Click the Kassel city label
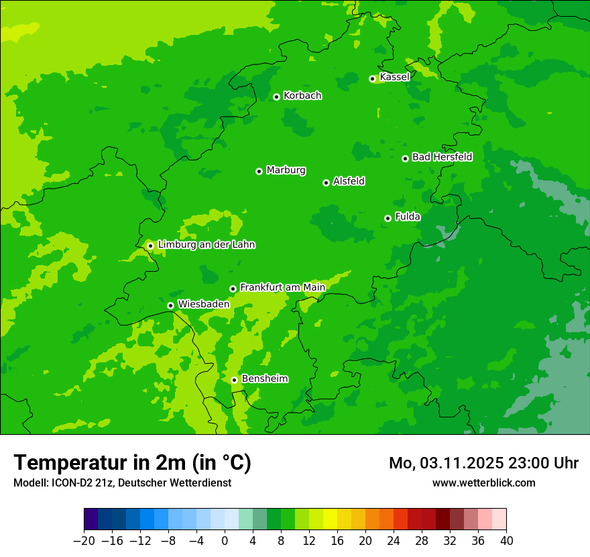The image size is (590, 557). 394,77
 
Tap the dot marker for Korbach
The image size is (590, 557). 276,97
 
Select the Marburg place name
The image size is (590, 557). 286,170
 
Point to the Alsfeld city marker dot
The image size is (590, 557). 326,183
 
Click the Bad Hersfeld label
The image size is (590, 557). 442,157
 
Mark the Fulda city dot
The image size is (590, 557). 388,218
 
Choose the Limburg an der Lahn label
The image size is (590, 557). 206,245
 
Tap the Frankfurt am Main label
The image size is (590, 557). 282,287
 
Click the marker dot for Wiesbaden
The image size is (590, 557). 170,305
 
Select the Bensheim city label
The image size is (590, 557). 264,378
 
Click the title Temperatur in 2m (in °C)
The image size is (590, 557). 132,463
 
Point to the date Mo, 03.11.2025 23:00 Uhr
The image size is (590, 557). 483,463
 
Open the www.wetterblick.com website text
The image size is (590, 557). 483,483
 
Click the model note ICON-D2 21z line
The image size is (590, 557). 122,483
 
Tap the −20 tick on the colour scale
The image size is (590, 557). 84,541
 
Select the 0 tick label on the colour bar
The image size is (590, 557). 225,541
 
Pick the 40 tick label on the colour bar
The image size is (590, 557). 506,541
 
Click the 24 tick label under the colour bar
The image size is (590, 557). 394,541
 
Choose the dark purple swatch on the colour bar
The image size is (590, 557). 91,519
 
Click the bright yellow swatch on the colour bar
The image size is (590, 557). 330,519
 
